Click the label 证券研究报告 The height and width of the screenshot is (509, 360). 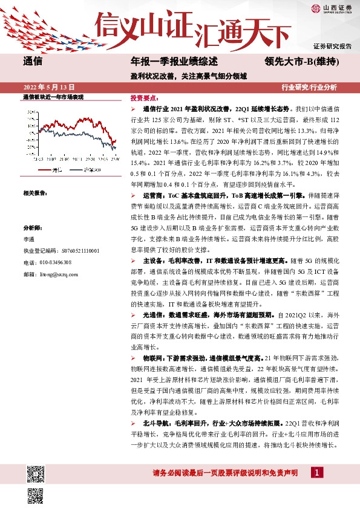click(332, 46)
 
